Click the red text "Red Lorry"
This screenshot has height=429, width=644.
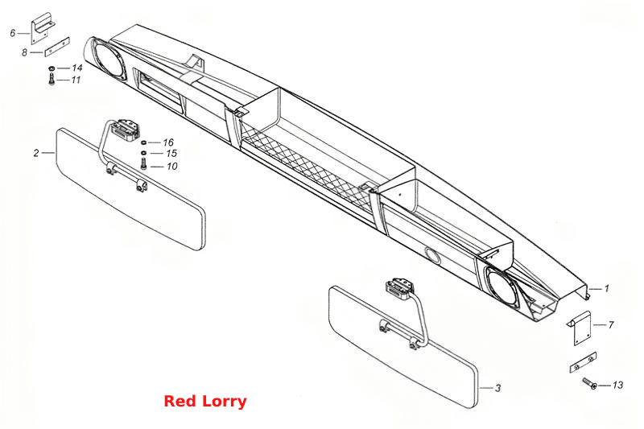[x=205, y=401]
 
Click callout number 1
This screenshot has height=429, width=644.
[x=607, y=289]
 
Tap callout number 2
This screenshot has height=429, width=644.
[x=36, y=153]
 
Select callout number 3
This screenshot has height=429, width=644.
[x=497, y=388]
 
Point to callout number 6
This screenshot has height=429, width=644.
[x=13, y=33]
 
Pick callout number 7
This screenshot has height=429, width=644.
[x=611, y=324]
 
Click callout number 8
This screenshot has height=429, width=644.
[x=25, y=52]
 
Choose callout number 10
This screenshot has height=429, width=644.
[x=172, y=167]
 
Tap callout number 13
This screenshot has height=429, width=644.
[x=617, y=385]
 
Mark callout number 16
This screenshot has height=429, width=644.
[x=168, y=142]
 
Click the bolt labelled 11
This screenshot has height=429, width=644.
[x=52, y=79]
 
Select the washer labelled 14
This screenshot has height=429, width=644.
[x=52, y=68]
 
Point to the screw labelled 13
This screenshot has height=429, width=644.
[x=590, y=383]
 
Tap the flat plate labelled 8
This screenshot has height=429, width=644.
[x=56, y=47]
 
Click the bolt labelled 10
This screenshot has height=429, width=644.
[x=143, y=165]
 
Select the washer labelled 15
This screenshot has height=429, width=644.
[x=143, y=154]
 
